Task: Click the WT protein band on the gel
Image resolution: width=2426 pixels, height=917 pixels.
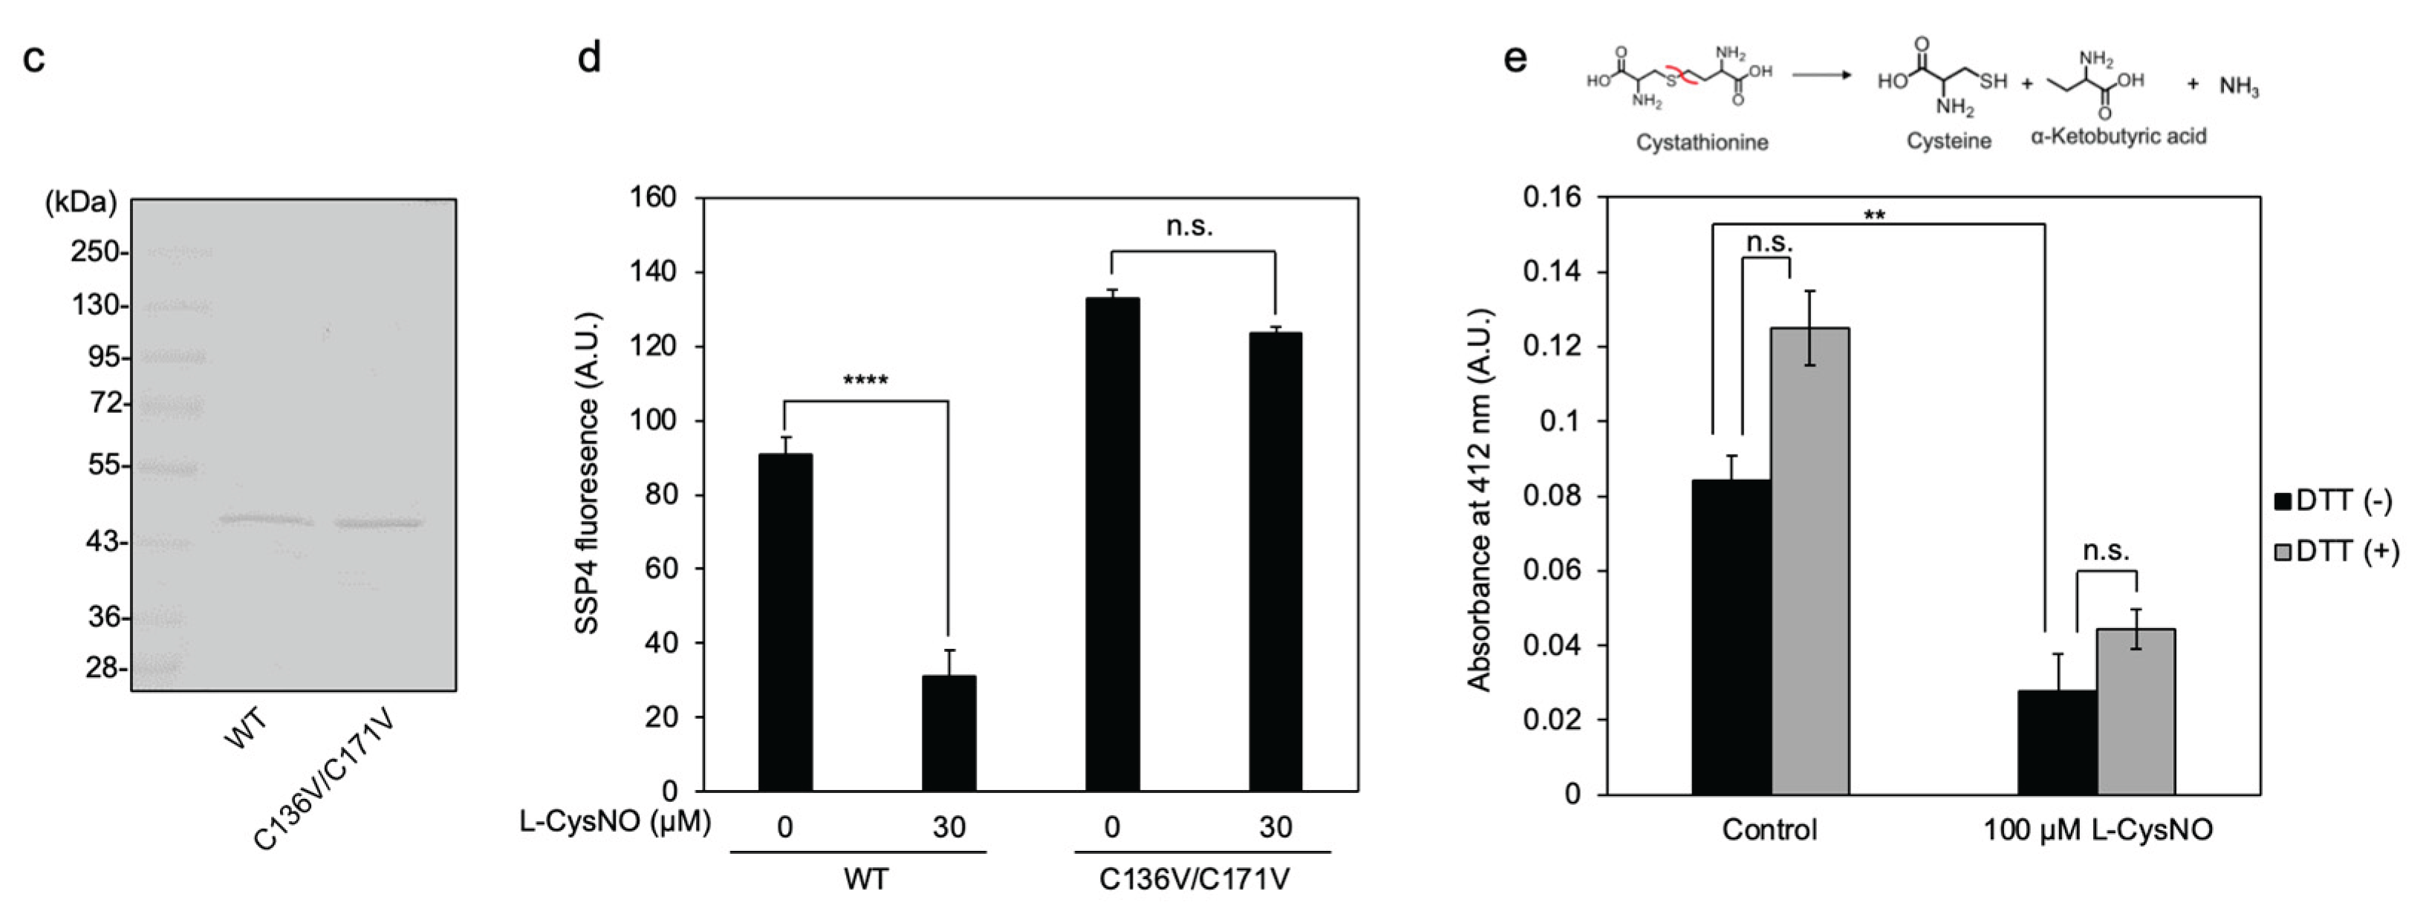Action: (x=264, y=519)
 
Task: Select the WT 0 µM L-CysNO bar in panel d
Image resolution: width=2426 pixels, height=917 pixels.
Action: (x=784, y=621)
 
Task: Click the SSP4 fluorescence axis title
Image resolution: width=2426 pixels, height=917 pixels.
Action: (x=588, y=474)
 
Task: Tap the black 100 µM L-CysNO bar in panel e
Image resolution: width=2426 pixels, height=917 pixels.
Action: (x=2057, y=742)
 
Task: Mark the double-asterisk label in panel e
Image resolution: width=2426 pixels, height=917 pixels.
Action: (x=1874, y=215)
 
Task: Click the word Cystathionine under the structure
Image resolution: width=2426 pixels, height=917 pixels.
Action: (x=1702, y=143)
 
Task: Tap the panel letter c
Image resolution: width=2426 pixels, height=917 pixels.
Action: (x=34, y=59)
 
